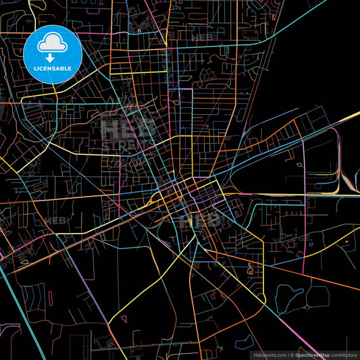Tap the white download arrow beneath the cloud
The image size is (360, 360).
51,58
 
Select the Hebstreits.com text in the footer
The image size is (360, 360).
269,354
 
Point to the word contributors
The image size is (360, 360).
344,354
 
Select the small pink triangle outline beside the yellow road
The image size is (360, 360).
24,261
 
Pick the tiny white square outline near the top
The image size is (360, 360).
139,30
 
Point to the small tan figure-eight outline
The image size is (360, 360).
214,295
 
